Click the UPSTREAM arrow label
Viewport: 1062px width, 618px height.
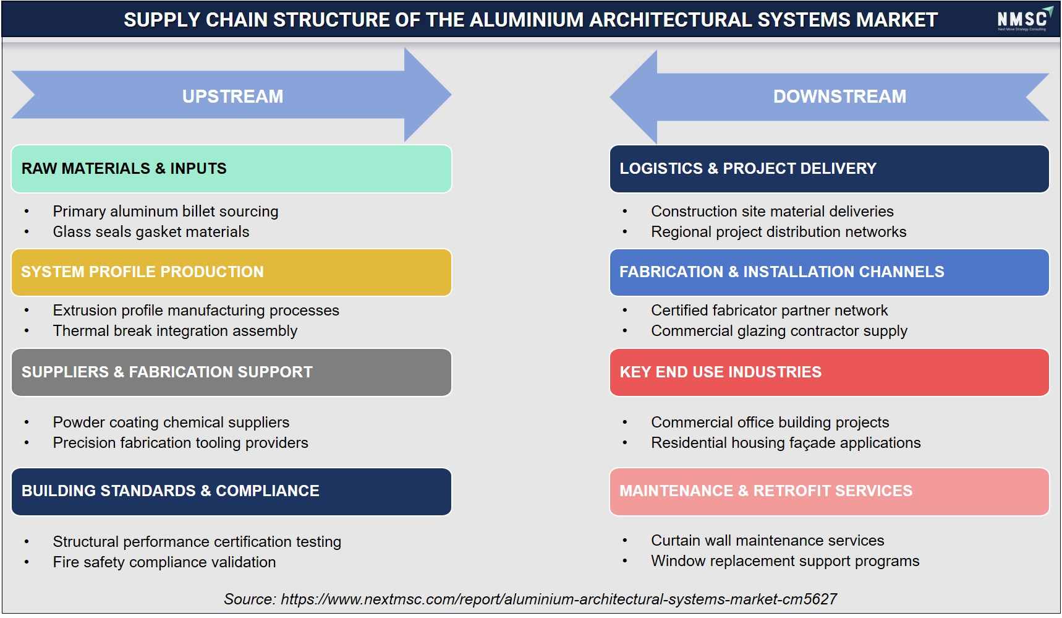(x=232, y=97)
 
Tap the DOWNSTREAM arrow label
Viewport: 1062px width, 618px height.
(x=839, y=97)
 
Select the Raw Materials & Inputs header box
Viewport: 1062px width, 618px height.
(x=231, y=169)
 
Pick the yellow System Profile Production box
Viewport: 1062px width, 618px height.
(x=231, y=272)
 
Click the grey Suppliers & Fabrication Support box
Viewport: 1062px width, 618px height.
(x=231, y=372)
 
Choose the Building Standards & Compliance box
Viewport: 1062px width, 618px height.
(x=231, y=491)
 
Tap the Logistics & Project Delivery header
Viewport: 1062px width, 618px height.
(x=829, y=169)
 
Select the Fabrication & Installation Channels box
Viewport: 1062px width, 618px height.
(x=829, y=272)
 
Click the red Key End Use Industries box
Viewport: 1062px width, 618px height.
(x=829, y=372)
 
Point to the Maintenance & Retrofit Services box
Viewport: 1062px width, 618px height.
(x=829, y=491)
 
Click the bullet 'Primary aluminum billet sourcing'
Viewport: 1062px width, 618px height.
(x=166, y=212)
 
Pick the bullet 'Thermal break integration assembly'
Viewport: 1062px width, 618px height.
(x=175, y=331)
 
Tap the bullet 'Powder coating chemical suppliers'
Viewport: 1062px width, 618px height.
(x=171, y=423)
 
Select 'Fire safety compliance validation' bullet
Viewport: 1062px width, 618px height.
(x=164, y=562)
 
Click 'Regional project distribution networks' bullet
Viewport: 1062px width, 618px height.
(x=779, y=232)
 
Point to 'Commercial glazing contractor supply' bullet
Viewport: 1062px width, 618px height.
(x=780, y=331)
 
